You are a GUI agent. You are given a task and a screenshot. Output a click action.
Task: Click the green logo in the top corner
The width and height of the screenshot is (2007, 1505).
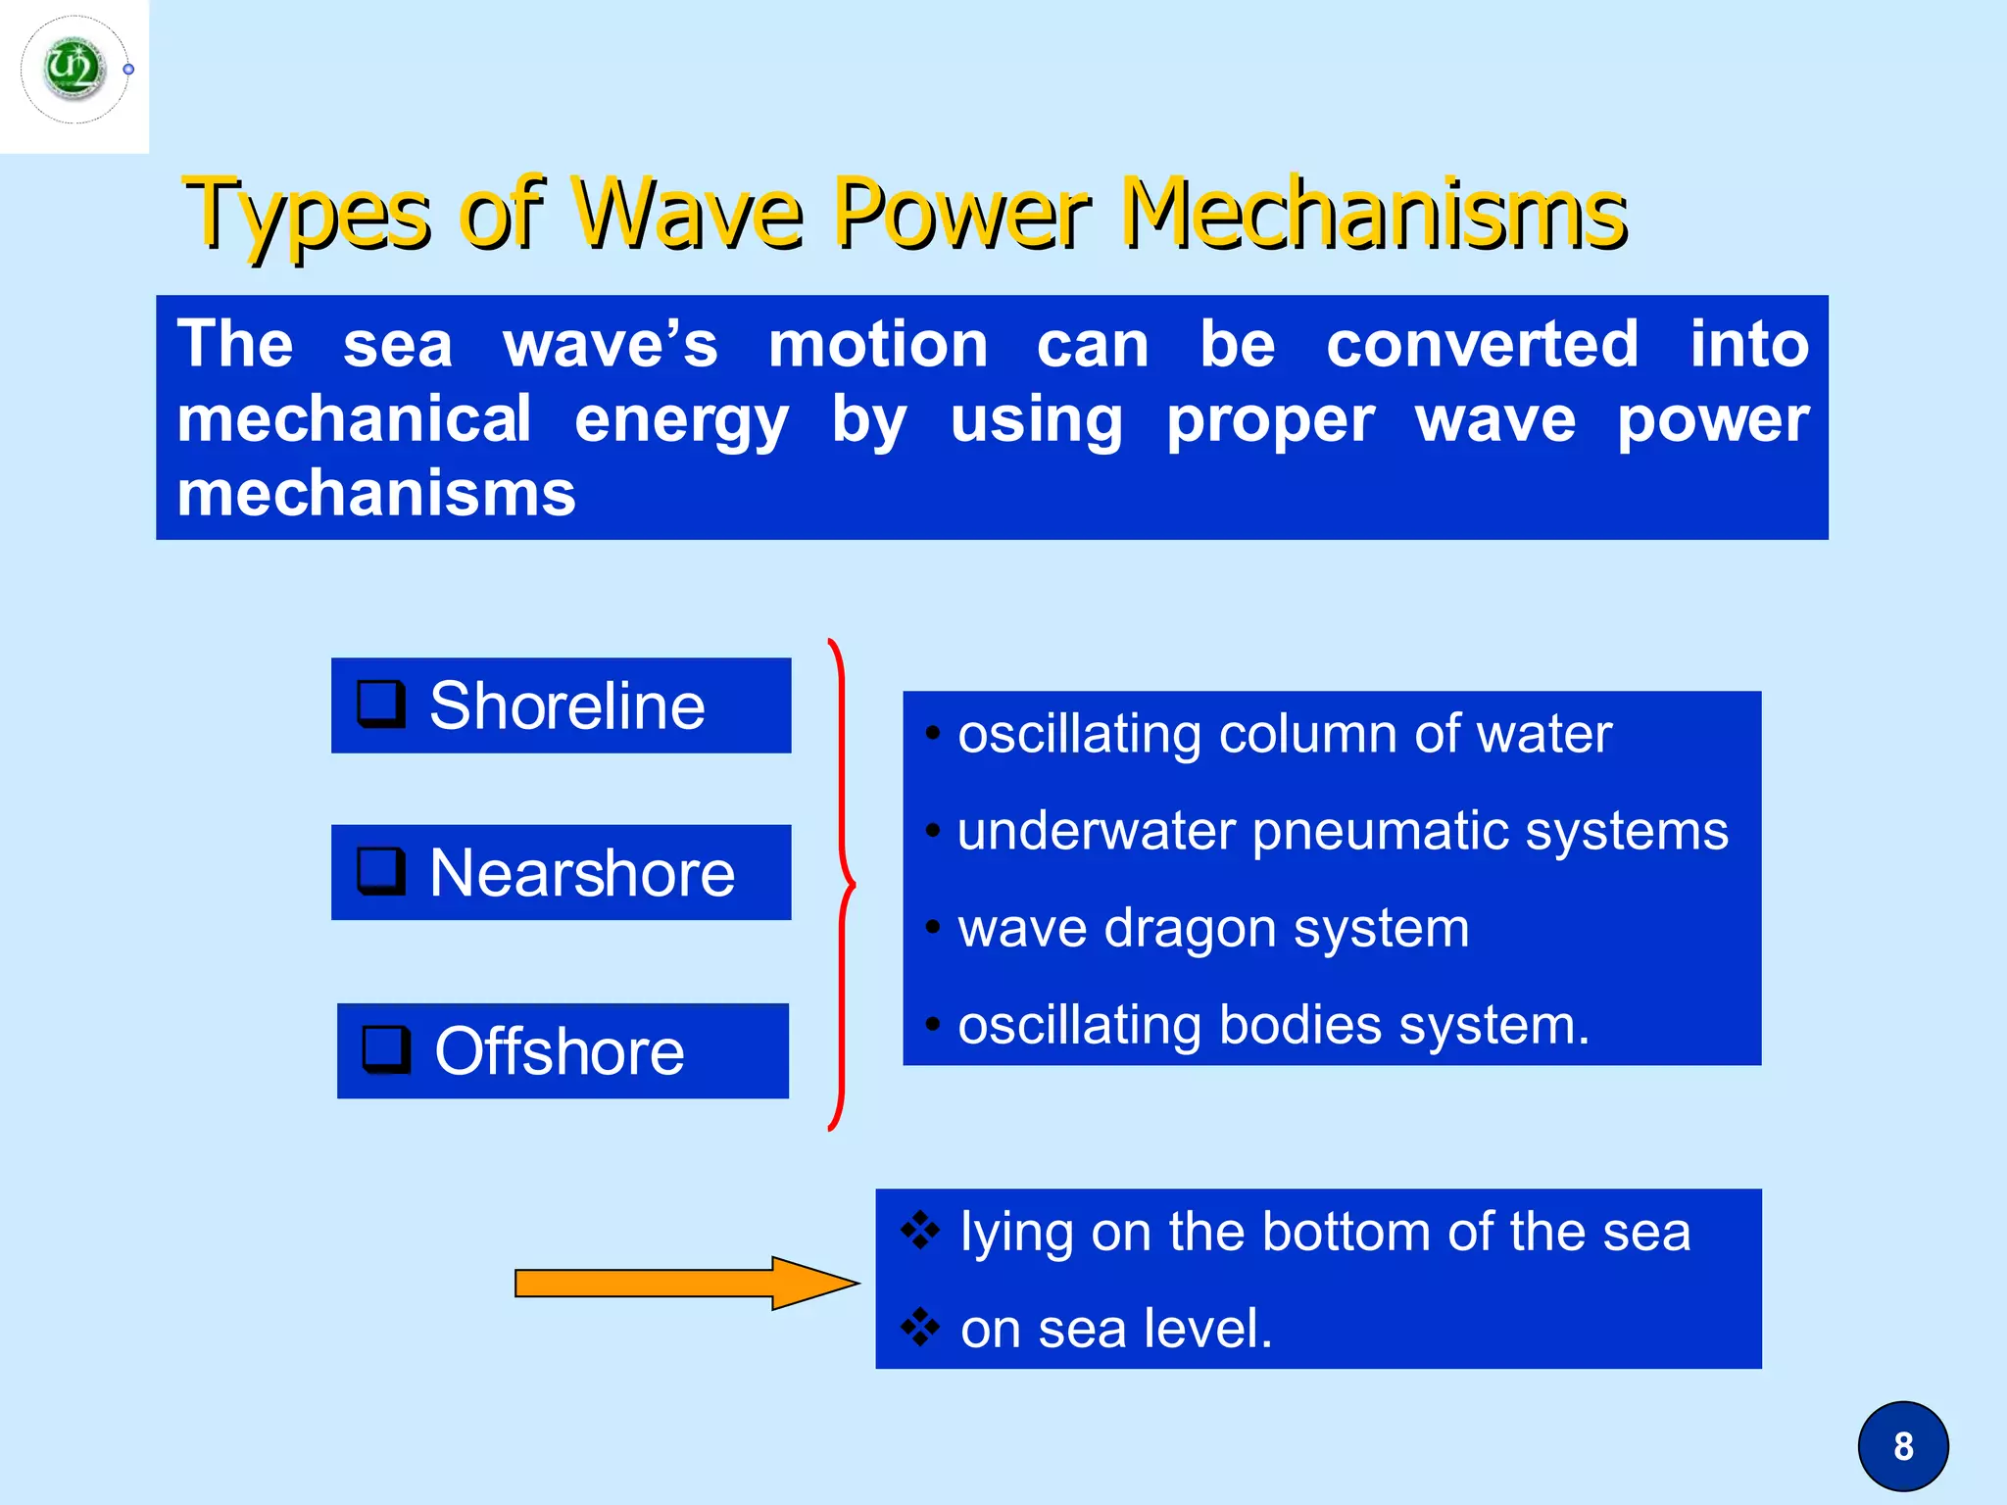[74, 70]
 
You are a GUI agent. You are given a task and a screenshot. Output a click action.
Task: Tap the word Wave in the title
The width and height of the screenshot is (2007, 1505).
[687, 213]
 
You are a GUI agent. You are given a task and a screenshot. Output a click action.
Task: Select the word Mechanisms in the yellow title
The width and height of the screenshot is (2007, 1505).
[1373, 213]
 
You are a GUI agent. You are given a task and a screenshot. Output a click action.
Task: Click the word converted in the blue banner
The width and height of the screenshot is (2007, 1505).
[1482, 345]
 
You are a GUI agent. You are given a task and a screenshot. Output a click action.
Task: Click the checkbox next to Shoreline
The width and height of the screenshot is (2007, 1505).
[380, 704]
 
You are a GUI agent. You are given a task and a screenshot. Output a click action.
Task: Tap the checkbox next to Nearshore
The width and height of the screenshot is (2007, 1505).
[380, 871]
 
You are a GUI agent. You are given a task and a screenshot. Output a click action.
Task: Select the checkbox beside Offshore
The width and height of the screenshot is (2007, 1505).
[386, 1049]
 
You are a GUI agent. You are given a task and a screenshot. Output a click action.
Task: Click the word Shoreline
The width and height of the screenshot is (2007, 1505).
[566, 705]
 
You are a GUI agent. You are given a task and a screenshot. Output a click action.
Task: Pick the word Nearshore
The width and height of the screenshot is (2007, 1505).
[581, 873]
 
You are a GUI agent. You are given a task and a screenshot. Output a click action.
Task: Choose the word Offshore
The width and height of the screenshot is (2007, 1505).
[559, 1051]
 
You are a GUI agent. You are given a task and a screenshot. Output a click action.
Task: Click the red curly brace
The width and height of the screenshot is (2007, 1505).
[842, 884]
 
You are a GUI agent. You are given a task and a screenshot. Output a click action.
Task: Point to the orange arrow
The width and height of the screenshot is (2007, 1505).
[685, 1283]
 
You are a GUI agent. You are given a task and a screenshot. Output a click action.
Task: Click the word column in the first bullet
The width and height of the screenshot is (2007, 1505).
[1306, 734]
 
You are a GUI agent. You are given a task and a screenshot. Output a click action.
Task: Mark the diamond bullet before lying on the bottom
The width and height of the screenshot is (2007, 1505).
[919, 1230]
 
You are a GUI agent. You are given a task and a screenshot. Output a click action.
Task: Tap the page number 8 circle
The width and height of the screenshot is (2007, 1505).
[1902, 1446]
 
